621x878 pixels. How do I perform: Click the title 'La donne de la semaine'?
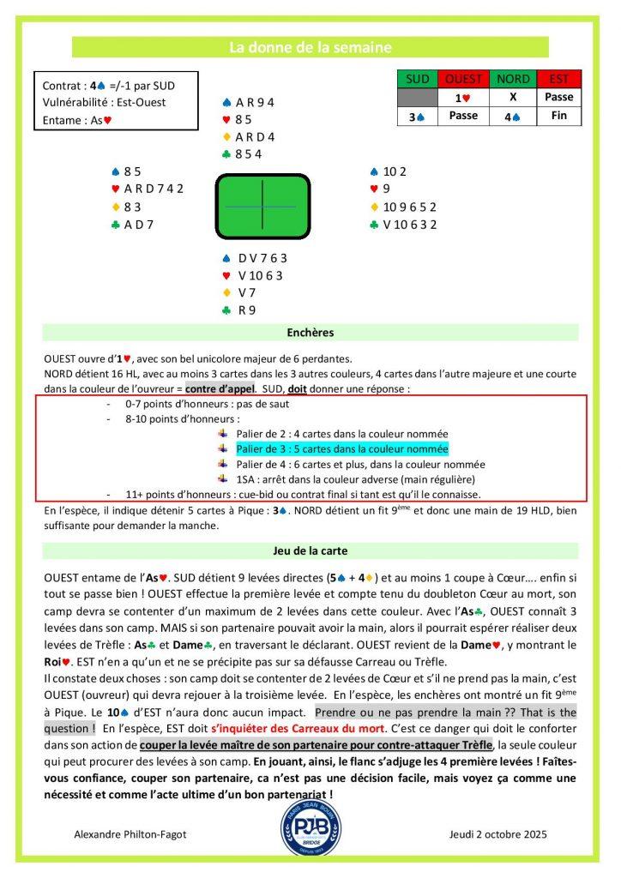310,47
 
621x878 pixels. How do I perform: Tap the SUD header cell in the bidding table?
418,80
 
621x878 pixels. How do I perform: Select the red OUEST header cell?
463,80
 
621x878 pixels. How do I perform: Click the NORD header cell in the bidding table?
512,80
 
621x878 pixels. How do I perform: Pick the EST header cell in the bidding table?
558,80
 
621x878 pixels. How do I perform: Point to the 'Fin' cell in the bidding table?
558,115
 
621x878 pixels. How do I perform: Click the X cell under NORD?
512,98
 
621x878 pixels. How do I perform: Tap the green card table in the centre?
262,207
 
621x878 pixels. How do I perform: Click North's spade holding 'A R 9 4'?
254,103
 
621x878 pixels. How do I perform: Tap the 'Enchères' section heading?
310,333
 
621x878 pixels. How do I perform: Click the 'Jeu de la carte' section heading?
310,551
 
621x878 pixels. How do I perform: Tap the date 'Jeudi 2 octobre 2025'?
497,834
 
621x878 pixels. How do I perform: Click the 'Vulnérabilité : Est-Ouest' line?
104,103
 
